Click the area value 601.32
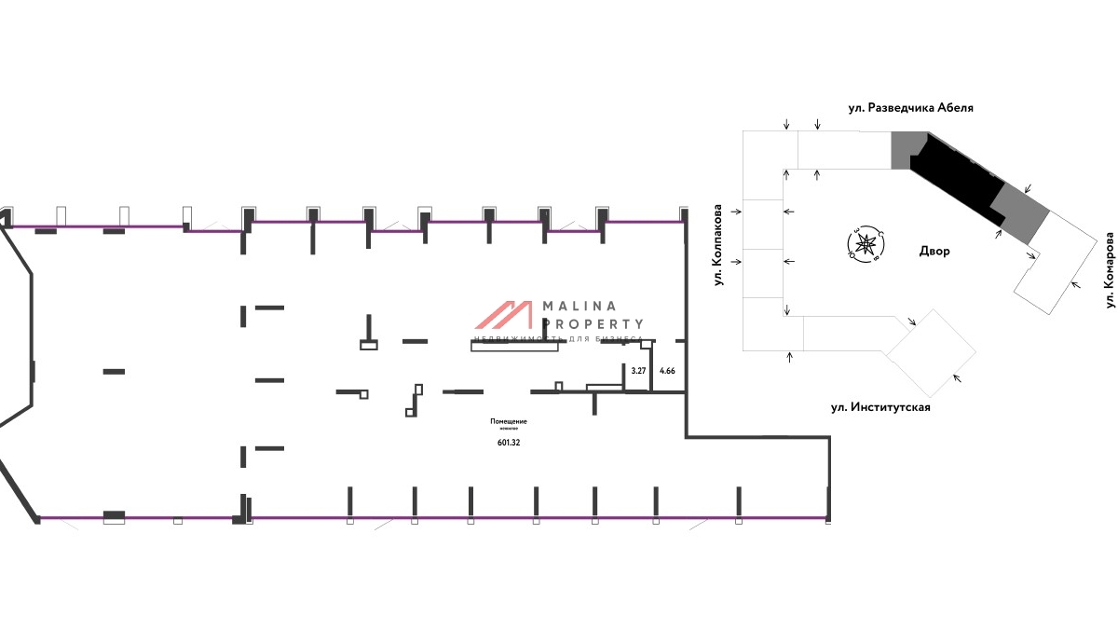pyautogui.click(x=509, y=443)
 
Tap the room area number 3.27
pyautogui.click(x=638, y=371)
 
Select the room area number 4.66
pyautogui.click(x=667, y=371)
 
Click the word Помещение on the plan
pyautogui.click(x=509, y=421)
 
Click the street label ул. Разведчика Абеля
pyautogui.click(x=910, y=107)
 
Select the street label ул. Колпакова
pyautogui.click(x=719, y=246)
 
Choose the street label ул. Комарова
pyautogui.click(x=1110, y=271)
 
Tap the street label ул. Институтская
pyautogui.click(x=880, y=407)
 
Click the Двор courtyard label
pyautogui.click(x=934, y=252)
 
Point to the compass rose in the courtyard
pyautogui.click(x=863, y=244)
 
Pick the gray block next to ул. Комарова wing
pyautogui.click(x=1018, y=212)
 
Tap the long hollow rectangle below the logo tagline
pyautogui.click(x=515, y=347)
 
